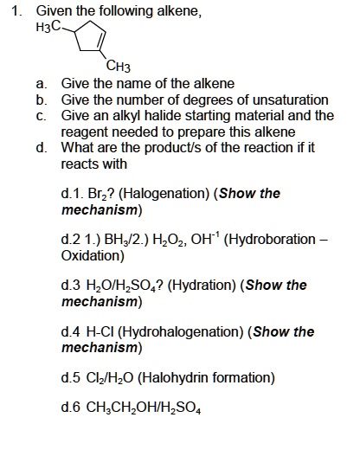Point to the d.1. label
[x=73, y=193]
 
